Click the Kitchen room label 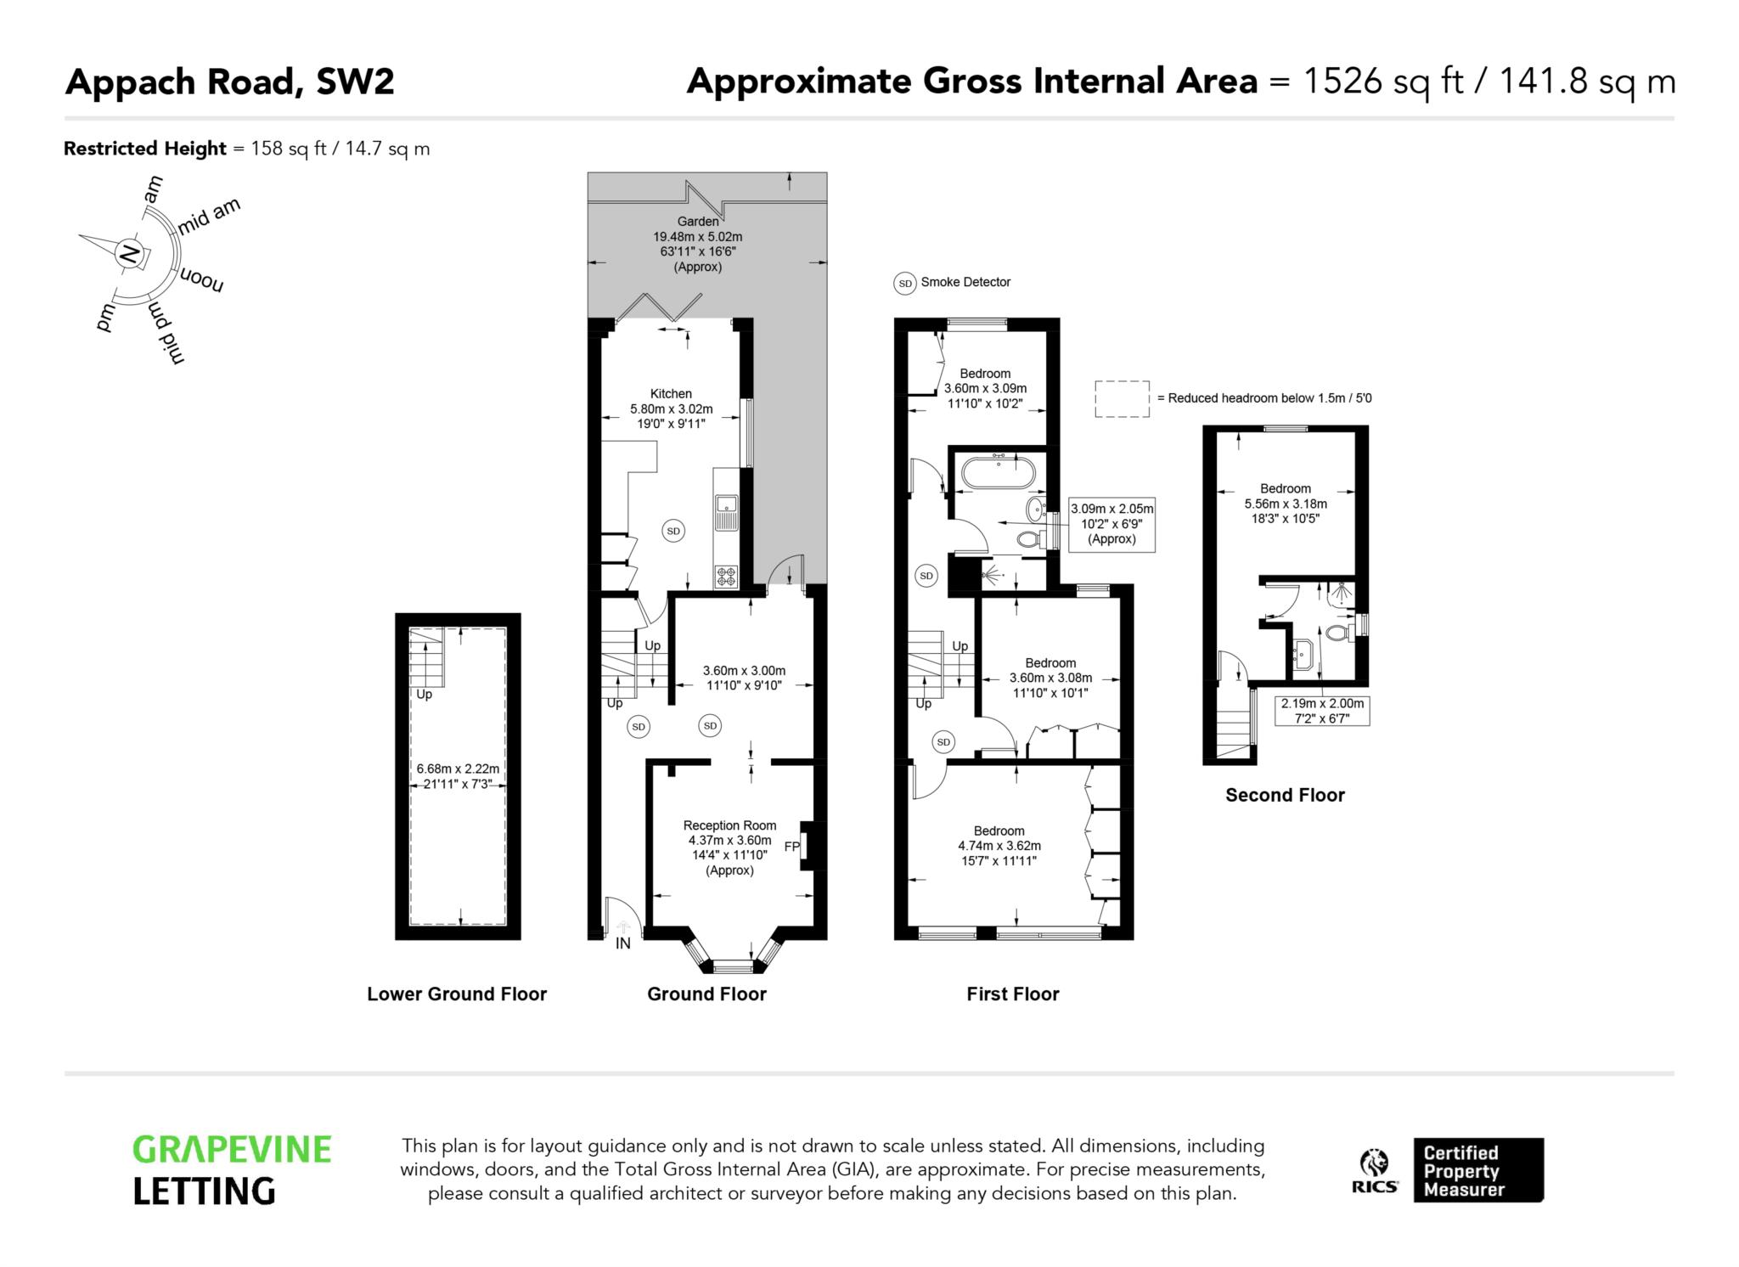671,393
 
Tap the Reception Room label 729,825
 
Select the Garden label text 698,222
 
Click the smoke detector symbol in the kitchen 673,532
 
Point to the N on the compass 129,253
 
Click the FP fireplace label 791,847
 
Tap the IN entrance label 623,943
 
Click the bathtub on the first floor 998,472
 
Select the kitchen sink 727,512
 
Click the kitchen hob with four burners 727,577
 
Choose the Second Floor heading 1285,795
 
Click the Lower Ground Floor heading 457,994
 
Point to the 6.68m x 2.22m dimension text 458,769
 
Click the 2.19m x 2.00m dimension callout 1322,711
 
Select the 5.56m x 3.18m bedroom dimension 1286,504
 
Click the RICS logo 1375,1171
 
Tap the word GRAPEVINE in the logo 232,1150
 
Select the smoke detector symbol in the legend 905,283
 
